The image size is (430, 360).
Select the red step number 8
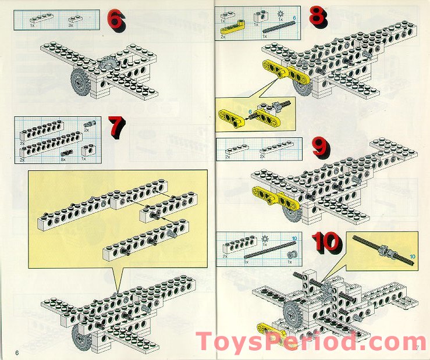(318, 16)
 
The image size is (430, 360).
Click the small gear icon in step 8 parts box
(282, 12)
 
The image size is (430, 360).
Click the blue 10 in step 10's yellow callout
(413, 255)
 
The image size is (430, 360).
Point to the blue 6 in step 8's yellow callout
(250, 111)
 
